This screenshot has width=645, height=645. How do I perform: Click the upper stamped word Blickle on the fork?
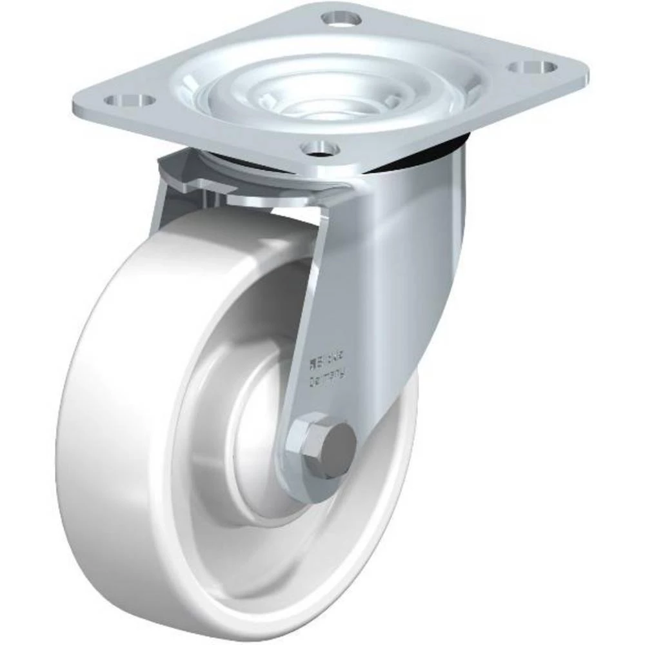click(328, 355)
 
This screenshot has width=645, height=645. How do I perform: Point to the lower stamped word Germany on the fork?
click(328, 372)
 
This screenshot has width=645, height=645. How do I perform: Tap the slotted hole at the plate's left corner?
click(128, 101)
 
